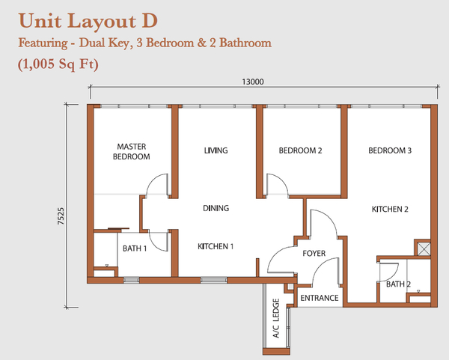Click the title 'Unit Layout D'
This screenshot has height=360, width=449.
88,21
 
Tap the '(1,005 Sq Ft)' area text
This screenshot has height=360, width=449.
58,64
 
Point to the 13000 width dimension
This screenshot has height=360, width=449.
253,82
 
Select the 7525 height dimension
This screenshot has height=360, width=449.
61,216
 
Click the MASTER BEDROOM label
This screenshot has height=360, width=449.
132,151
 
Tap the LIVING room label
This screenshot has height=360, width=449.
216,150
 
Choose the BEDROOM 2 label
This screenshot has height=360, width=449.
300,150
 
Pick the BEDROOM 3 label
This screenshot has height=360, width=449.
390,150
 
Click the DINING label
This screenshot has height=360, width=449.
216,208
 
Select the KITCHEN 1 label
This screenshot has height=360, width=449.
216,246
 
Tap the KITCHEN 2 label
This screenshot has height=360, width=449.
390,209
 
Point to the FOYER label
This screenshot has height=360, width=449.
314,253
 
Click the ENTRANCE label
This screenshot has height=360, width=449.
320,298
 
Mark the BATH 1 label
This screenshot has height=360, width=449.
135,248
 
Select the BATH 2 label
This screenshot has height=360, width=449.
398,284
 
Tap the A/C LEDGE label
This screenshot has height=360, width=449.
275,318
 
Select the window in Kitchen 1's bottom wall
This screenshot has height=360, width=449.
213,280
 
